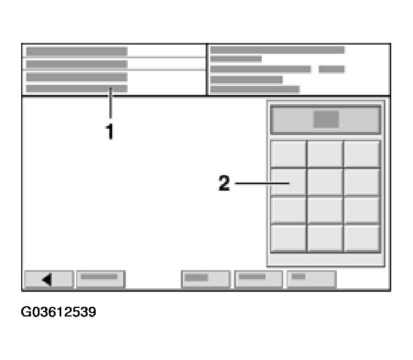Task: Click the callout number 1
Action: pos(109,132)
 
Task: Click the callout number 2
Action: pos(224,184)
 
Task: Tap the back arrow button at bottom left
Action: pos(48,279)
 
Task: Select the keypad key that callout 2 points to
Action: pos(288,182)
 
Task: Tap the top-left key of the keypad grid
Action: pos(288,153)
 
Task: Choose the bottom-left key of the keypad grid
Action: pos(288,238)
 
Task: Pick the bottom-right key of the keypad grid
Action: pos(362,238)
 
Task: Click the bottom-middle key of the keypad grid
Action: pos(325,238)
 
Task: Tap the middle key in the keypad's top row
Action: pos(325,153)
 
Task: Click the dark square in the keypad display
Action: pos(326,119)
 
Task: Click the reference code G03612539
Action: pos(58,312)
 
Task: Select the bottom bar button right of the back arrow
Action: pos(100,279)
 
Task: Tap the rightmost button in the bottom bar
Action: pos(311,279)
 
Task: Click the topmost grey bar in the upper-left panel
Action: pos(76,52)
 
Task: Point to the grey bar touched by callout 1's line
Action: pos(76,89)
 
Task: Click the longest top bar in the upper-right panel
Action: pos(277,50)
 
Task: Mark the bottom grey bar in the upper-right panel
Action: pos(254,89)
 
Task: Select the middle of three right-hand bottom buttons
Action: pos(258,279)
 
